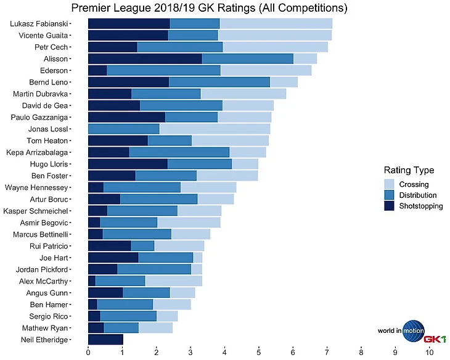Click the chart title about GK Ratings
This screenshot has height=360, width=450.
tap(209, 8)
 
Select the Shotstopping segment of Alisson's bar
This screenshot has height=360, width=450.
tap(145, 59)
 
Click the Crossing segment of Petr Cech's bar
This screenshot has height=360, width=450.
tap(275, 47)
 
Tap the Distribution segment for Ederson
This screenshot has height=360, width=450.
tap(163, 70)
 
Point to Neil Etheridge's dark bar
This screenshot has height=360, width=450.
tap(105, 340)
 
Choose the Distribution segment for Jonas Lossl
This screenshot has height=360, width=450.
tap(123, 129)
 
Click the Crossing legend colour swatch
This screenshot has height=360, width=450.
tap(390, 184)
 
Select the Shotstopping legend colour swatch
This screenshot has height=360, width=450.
tap(390, 207)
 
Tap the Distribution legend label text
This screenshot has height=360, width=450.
tap(420, 195)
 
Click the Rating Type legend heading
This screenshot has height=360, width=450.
tap(409, 170)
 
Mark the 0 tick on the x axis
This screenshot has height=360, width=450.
tap(88, 352)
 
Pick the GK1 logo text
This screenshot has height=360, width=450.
tap(434, 339)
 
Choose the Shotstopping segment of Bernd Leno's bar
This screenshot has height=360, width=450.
tap(128, 82)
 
